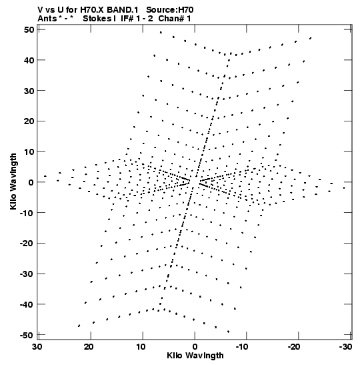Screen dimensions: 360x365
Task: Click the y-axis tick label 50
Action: [x=29, y=30]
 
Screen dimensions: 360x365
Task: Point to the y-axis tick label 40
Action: [x=29, y=60]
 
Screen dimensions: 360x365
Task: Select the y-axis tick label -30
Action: [x=27, y=274]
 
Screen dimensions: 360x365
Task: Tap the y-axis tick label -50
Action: [x=27, y=336]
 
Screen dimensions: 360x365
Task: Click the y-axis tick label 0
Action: [x=31, y=183]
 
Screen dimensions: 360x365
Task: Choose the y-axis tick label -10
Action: [x=27, y=213]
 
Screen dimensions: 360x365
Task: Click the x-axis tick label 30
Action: [x=37, y=347]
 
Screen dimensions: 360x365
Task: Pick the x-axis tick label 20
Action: [x=89, y=347]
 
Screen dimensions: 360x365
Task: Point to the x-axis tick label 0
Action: [x=195, y=347]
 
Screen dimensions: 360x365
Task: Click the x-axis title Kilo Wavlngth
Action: [x=195, y=356]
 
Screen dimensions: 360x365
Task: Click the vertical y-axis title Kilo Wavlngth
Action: [x=13, y=181]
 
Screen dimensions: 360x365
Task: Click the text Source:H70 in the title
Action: [x=170, y=10]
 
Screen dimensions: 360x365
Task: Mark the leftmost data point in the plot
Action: [x=45, y=176]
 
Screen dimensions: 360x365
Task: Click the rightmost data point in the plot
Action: [x=344, y=188]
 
